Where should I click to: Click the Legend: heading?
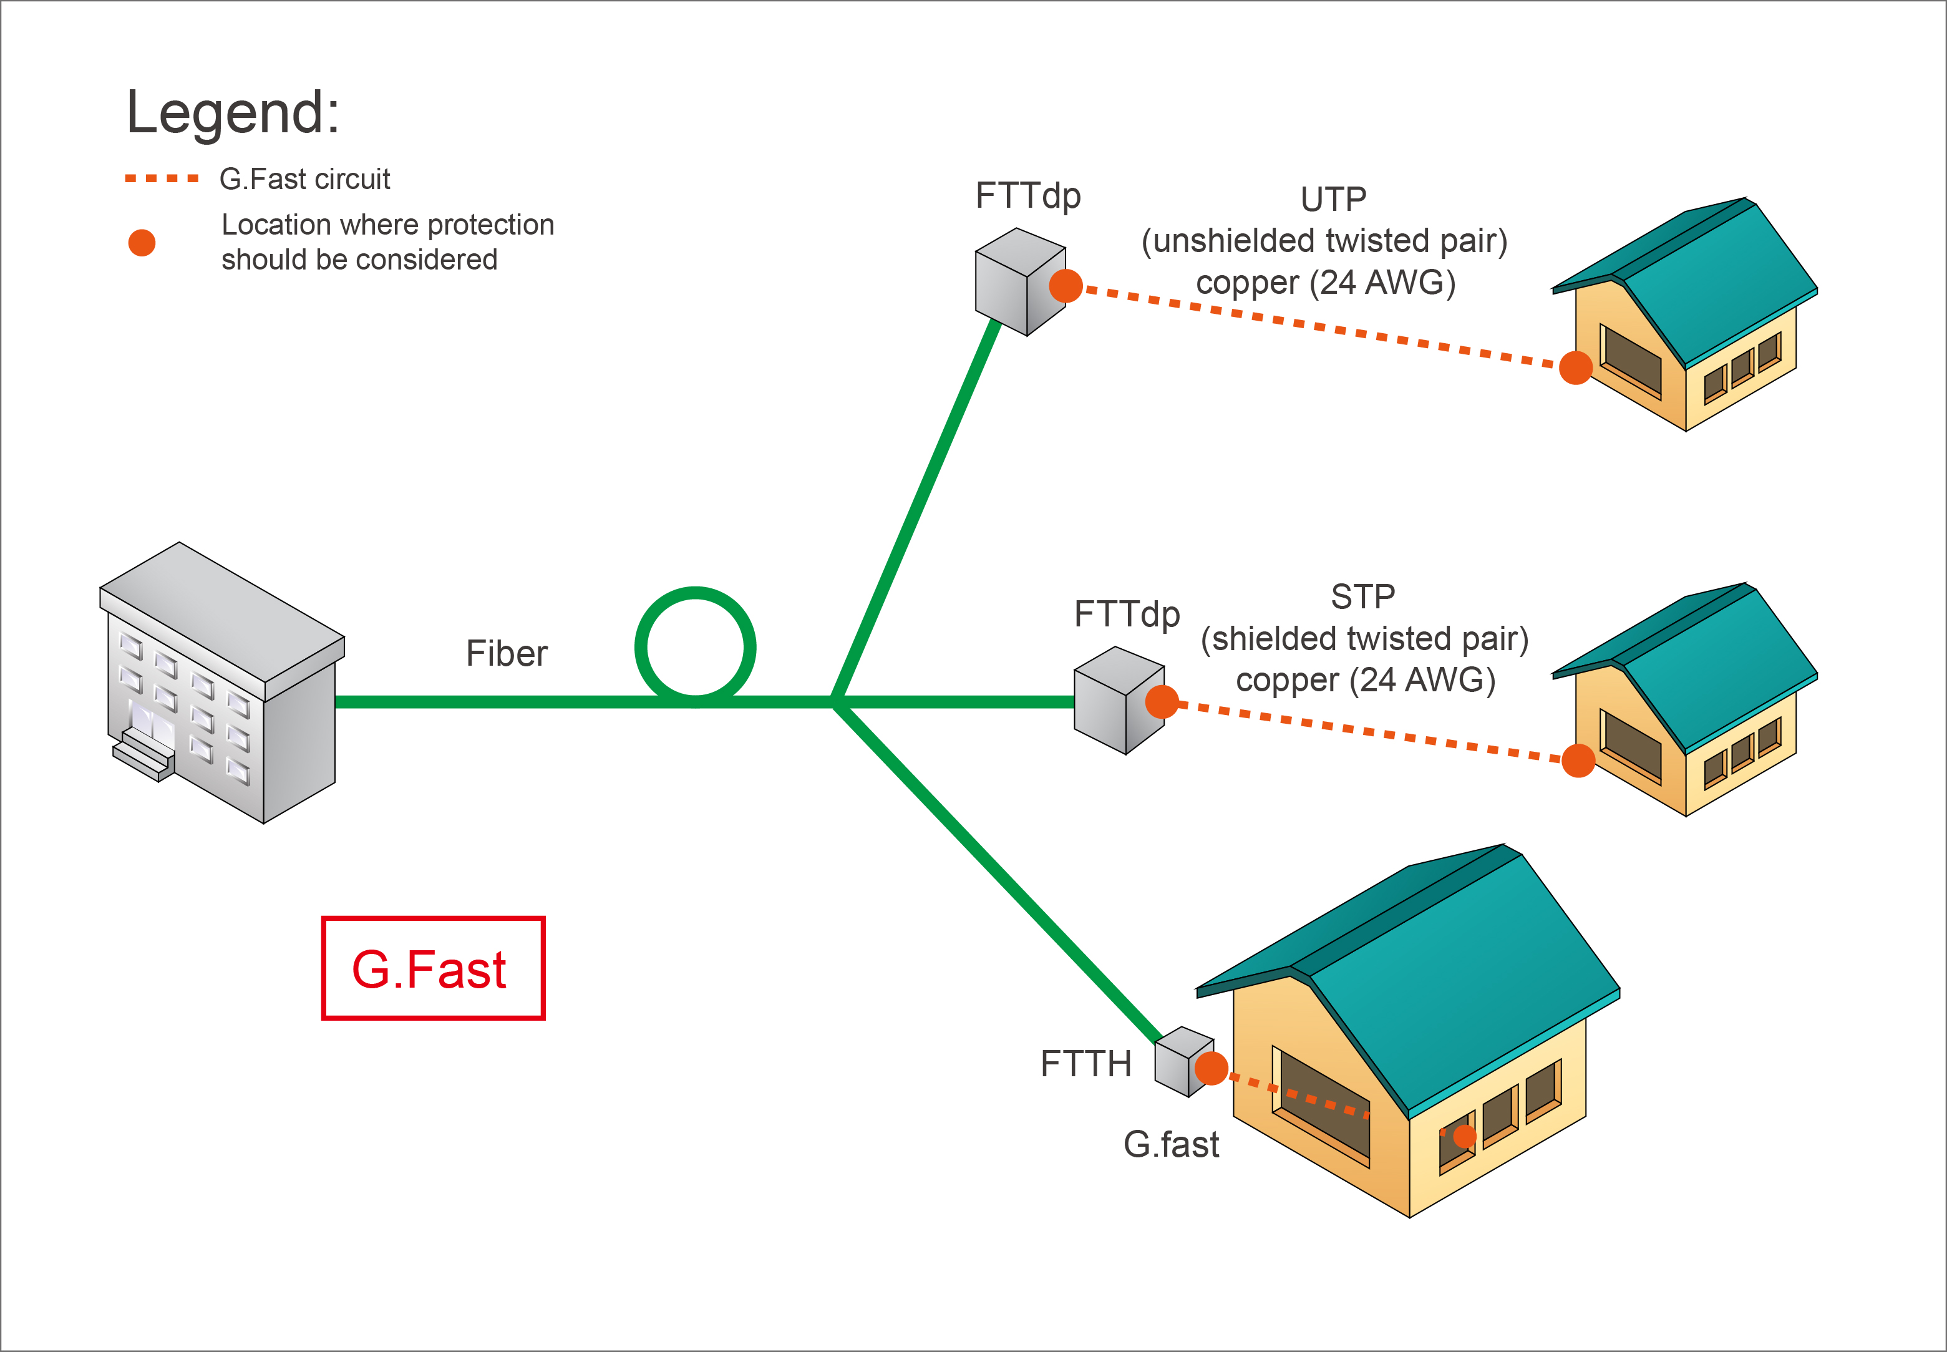[x=232, y=113]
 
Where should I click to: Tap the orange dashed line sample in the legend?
[x=161, y=178]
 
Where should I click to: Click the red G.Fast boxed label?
[x=432, y=968]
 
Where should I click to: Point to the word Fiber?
[x=507, y=654]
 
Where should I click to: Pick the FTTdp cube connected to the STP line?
[x=1116, y=701]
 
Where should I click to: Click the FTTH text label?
[x=1085, y=1064]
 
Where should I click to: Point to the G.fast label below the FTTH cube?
[x=1170, y=1144]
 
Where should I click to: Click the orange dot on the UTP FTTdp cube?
[x=1066, y=286]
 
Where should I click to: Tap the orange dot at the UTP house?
[x=1575, y=367]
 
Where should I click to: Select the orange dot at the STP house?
[x=1578, y=760]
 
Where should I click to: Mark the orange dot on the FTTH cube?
[x=1211, y=1068]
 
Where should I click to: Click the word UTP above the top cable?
[x=1333, y=200]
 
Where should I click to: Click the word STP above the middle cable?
[x=1362, y=597]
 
